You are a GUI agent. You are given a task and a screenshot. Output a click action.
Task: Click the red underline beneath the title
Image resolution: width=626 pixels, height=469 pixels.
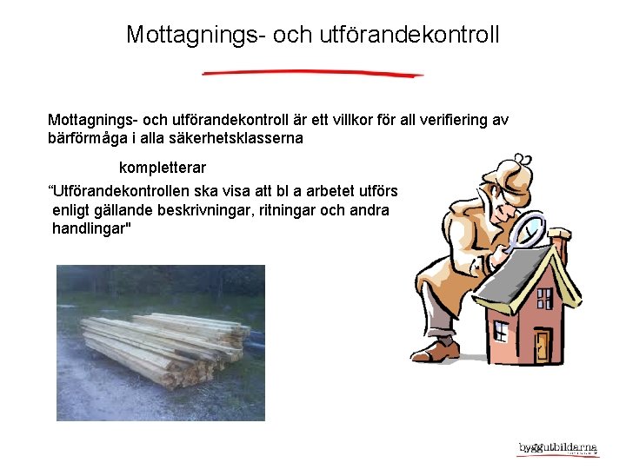(x=313, y=74)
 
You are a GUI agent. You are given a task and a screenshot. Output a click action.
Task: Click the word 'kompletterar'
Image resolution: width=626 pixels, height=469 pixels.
(x=163, y=167)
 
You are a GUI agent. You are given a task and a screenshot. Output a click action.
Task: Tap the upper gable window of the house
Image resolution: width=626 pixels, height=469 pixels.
(x=521, y=287)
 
